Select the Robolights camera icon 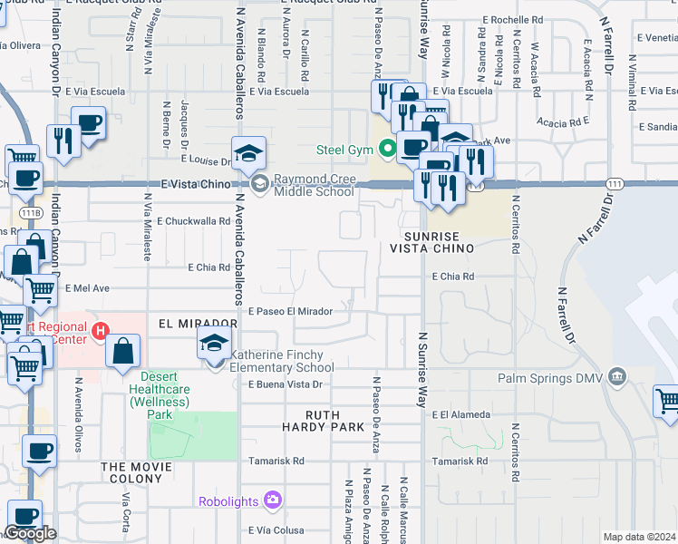click(272, 500)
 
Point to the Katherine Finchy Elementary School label click(281, 361)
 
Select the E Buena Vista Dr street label click(286, 384)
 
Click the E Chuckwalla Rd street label click(194, 220)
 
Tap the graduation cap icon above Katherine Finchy click(214, 344)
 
